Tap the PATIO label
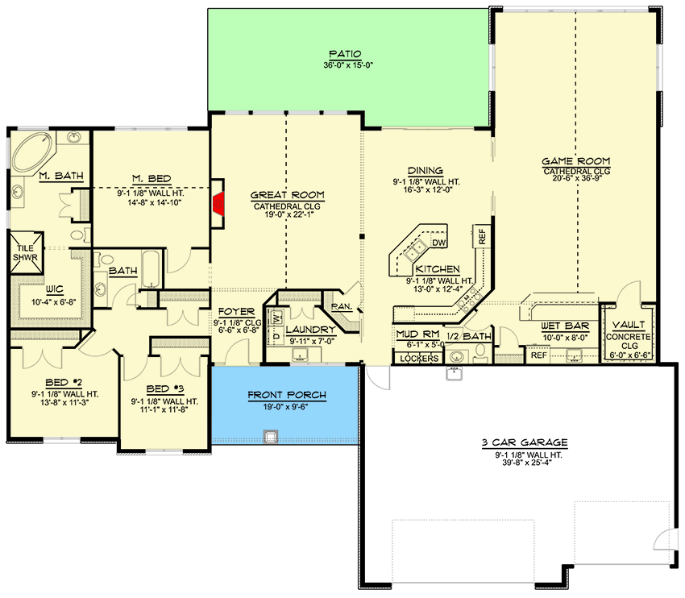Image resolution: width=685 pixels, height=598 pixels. point(345,54)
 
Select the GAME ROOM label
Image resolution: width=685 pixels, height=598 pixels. point(575,160)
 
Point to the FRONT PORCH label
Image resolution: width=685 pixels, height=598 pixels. point(287,395)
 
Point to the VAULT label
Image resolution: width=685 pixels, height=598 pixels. point(628,326)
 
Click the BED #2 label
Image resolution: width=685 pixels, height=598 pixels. point(60,384)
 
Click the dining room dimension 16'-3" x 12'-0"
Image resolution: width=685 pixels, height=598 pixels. point(425,190)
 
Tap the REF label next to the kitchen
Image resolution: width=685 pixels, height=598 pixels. point(482,237)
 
